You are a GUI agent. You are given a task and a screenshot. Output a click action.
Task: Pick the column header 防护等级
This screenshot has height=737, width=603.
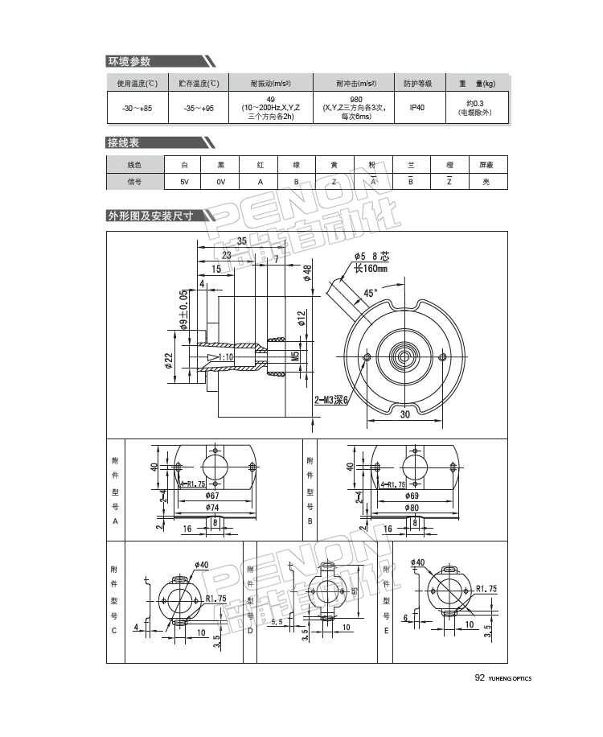(x=417, y=83)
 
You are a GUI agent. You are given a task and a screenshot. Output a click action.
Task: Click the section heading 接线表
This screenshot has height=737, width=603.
(x=124, y=142)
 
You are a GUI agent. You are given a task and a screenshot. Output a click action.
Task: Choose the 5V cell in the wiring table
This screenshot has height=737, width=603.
(x=184, y=182)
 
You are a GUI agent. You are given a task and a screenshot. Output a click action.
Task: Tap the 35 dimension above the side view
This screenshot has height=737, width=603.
(x=241, y=241)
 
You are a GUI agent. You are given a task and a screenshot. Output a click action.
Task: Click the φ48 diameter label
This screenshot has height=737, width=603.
(x=307, y=271)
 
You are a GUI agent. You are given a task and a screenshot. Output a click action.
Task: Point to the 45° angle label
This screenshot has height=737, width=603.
(x=370, y=294)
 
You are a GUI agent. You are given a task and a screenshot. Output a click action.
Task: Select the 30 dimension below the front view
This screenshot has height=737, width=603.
(x=404, y=414)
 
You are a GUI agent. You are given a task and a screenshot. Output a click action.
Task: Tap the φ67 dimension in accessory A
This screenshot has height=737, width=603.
(x=212, y=496)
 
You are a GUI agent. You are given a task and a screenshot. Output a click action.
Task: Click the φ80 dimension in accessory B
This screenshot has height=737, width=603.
(x=412, y=508)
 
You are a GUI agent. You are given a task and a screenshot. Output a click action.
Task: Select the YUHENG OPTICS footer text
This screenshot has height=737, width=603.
(x=510, y=678)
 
